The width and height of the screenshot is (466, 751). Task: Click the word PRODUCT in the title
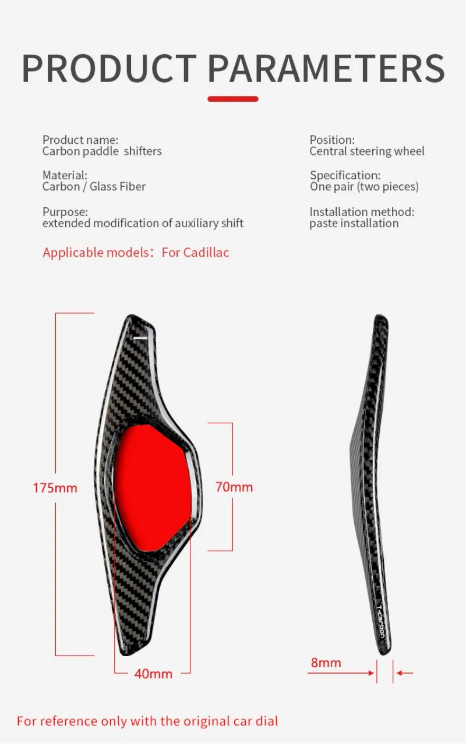(109, 69)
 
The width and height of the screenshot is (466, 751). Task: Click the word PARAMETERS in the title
(326, 69)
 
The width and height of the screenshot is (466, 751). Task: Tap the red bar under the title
(232, 99)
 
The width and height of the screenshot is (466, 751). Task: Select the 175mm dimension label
(55, 488)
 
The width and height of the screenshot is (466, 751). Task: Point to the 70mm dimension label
(234, 487)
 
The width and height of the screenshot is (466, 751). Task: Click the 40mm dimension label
(153, 674)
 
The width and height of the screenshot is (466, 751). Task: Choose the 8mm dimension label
(326, 663)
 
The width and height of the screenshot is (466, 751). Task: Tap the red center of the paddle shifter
(153, 488)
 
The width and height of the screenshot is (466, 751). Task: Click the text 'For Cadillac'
(195, 253)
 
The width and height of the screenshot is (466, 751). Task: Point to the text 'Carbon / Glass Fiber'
(94, 186)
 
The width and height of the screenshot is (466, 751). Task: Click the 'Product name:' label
(80, 140)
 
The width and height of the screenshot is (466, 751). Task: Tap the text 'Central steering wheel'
(367, 151)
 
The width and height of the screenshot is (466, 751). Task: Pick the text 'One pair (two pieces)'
(364, 186)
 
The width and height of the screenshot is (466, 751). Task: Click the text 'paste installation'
(354, 223)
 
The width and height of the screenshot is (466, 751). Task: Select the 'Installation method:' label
(362, 212)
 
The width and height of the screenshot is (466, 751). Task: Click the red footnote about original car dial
(147, 721)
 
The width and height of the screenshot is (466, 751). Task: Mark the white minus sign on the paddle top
(140, 337)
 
